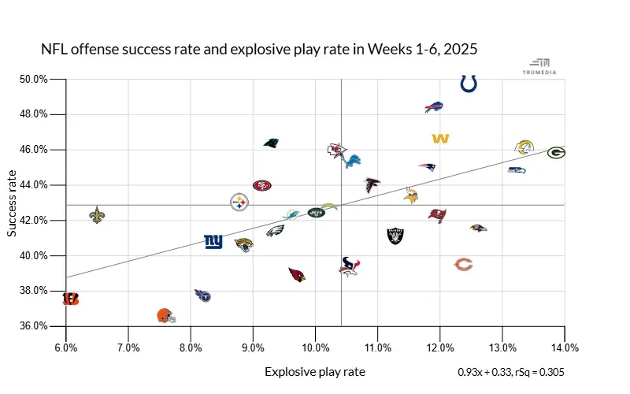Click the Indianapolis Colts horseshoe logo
click(469, 83)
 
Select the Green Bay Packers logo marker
click(556, 152)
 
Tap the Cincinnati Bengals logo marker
click(71, 299)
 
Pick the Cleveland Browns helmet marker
click(165, 316)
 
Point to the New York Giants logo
click(213, 241)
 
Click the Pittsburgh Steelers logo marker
click(239, 203)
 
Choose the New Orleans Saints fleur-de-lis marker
click(97, 214)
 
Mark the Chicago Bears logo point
click(465, 264)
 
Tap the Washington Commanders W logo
click(440, 139)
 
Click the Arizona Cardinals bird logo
click(296, 274)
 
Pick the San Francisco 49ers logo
click(262, 185)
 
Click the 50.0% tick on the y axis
click(35, 79)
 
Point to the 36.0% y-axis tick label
click(35, 326)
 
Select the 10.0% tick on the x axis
click(315, 347)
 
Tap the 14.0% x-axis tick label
click(565, 347)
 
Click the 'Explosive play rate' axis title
click(315, 372)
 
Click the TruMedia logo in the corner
click(540, 65)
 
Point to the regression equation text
click(511, 372)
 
